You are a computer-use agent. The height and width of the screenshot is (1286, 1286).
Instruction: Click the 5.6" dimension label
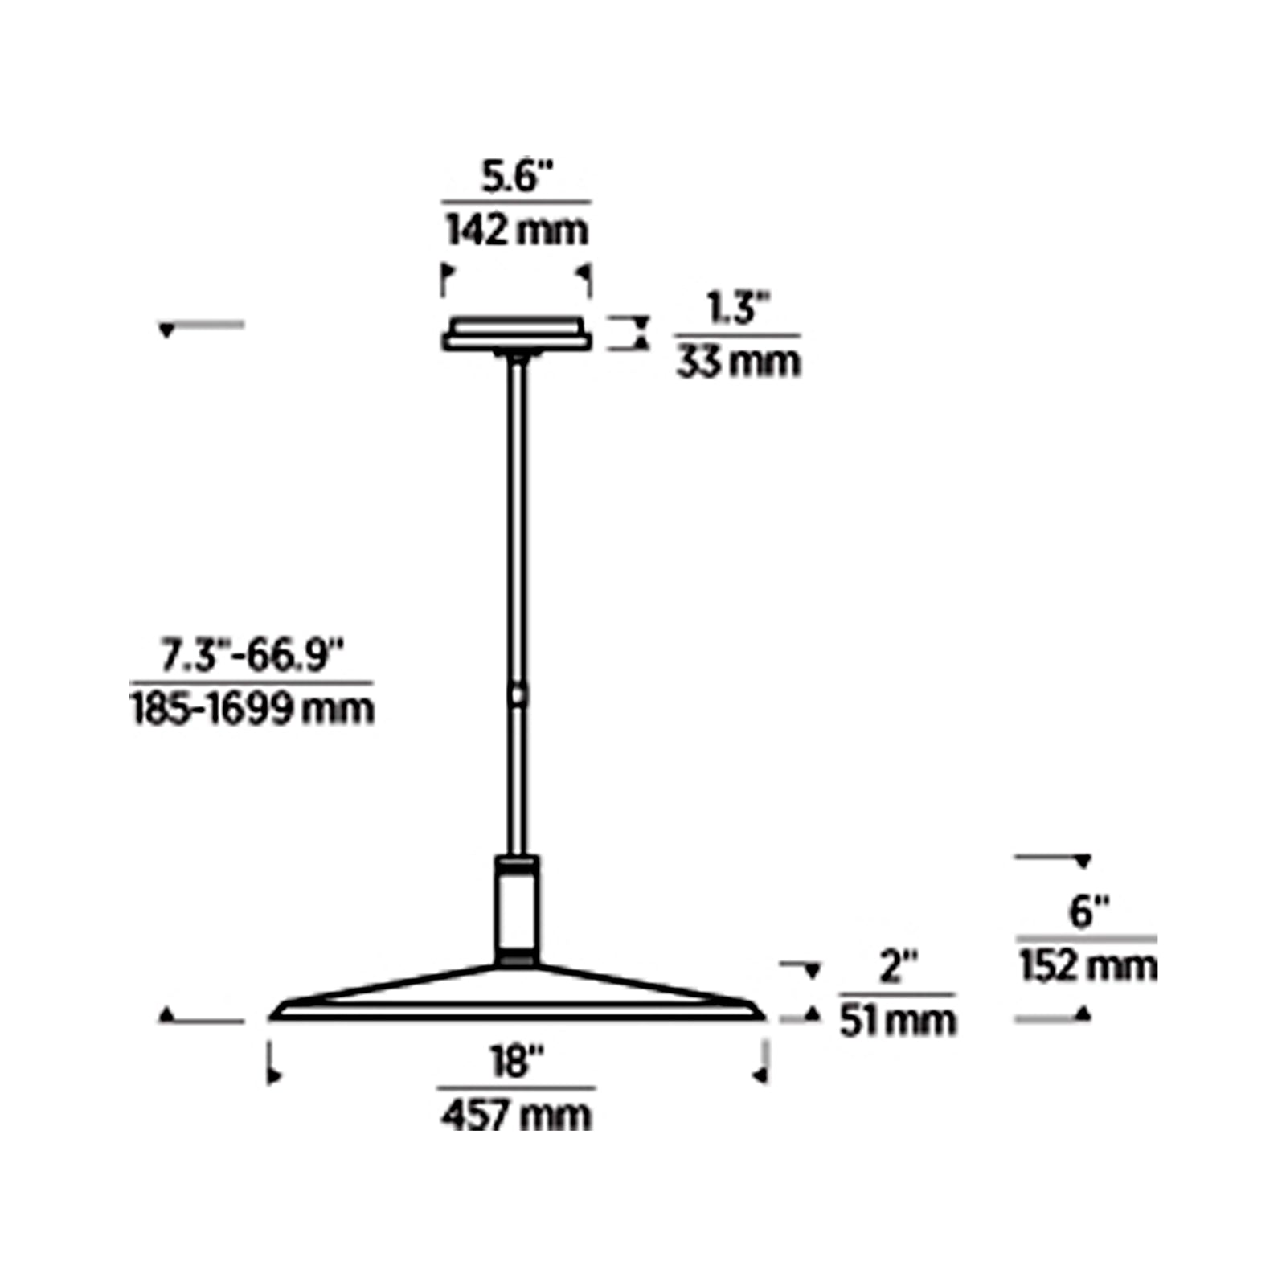[x=517, y=177]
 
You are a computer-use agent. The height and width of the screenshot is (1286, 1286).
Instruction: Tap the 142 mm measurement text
[x=517, y=231]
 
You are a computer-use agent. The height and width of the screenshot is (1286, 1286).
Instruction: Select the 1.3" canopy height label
[x=738, y=309]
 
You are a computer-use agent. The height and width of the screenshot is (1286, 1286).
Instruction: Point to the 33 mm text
[x=738, y=362]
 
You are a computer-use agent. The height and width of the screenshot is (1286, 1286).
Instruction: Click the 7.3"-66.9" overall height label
[x=252, y=655]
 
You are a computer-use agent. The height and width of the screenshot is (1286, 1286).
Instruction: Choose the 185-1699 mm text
[x=252, y=710]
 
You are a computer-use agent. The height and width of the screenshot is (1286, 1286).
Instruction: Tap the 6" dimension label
[x=1088, y=912]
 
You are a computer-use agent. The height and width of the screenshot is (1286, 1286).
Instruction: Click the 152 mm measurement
[x=1088, y=966]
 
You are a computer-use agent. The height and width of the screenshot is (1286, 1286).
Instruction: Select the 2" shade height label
[x=898, y=967]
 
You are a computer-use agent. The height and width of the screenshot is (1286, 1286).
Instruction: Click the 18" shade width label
[x=517, y=1062]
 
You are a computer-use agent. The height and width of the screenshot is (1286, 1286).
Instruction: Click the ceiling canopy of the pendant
[x=517, y=334]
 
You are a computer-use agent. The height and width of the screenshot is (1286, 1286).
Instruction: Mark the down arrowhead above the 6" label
[x=1083, y=862]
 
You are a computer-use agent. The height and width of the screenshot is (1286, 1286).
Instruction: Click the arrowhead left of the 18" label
[x=276, y=1075]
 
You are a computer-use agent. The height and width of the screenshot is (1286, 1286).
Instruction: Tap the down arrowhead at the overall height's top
[x=167, y=330]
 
